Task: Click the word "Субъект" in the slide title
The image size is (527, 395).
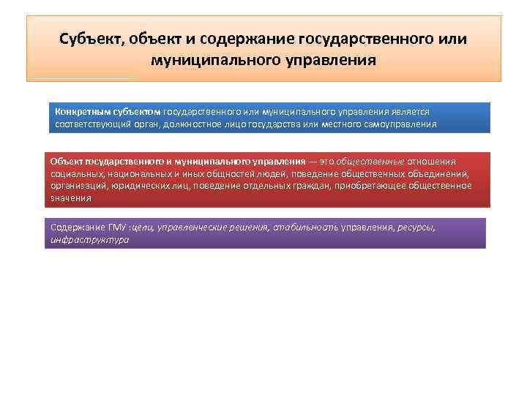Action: pos(91,37)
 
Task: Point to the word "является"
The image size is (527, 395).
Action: pos(412,112)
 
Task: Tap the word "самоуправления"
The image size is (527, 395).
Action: pos(401,124)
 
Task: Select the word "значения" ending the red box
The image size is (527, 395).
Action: pos(71,197)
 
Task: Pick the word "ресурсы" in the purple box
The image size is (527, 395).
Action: pos(415,227)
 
